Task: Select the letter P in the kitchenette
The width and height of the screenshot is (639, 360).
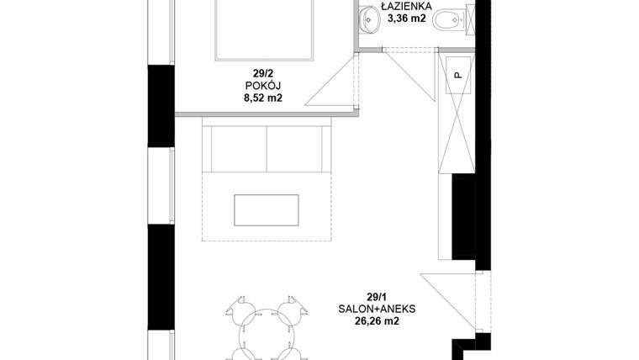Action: tap(458, 75)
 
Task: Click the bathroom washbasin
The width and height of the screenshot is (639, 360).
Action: tap(371, 19)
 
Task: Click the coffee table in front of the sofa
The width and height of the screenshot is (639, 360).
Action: tap(266, 209)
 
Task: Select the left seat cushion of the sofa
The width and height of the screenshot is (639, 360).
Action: tap(238, 148)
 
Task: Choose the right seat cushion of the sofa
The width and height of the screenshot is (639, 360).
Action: tap(295, 148)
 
